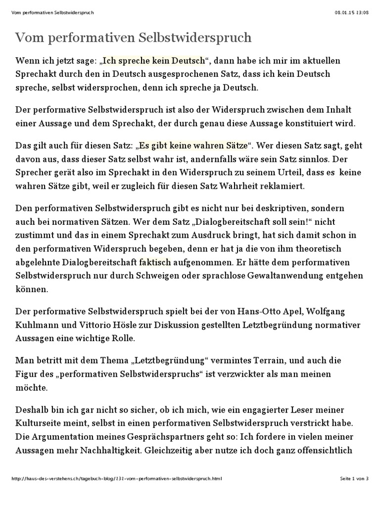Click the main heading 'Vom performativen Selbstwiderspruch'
point(134,37)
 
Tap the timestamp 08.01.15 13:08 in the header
point(351,12)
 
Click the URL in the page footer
point(116,479)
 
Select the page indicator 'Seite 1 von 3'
point(354,479)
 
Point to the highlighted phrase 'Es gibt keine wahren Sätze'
point(193,146)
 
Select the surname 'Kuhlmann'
point(33,326)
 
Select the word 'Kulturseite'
point(37,424)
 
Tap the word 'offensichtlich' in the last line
point(324,451)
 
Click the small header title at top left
point(52,12)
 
